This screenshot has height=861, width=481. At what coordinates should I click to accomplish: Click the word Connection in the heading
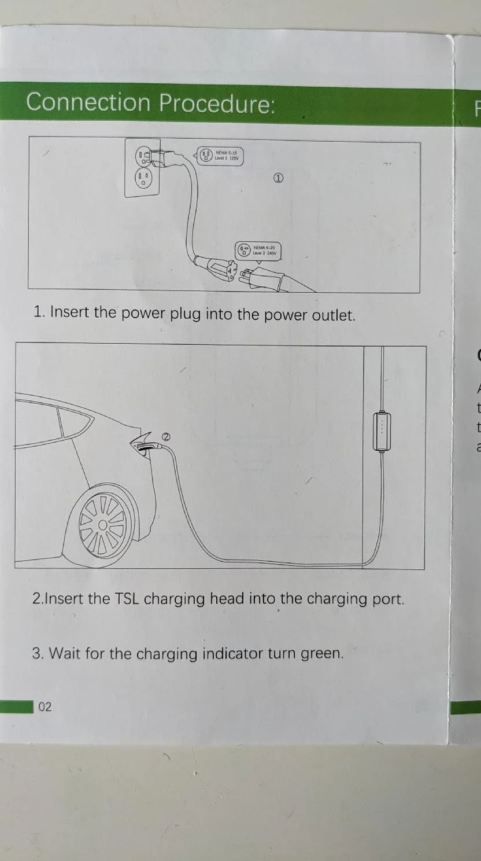pyautogui.click(x=88, y=102)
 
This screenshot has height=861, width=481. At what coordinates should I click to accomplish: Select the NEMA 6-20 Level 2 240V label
pyautogui.click(x=258, y=251)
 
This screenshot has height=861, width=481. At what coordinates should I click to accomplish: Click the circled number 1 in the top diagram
pyautogui.click(x=278, y=179)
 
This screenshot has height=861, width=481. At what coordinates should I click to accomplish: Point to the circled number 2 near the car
pyautogui.click(x=165, y=421)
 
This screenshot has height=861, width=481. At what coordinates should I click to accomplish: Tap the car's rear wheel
pyautogui.click(x=103, y=525)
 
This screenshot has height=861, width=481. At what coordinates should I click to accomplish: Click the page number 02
pyautogui.click(x=45, y=707)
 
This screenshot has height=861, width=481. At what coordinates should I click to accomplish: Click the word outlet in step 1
pyautogui.click(x=332, y=315)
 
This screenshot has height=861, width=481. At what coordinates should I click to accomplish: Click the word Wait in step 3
pyautogui.click(x=65, y=654)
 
